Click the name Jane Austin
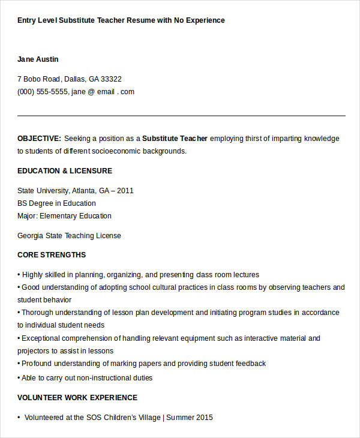(38, 59)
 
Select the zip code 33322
(111, 79)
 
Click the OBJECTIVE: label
(39, 138)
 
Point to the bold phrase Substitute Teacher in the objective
(175, 138)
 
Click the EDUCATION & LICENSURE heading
(65, 171)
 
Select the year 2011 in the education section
(125, 190)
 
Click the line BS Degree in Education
(56, 203)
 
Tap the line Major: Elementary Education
(64, 216)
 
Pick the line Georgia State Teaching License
(69, 236)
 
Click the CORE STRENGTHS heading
(52, 255)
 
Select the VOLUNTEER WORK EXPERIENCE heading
(77, 398)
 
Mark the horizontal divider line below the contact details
(181, 115)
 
